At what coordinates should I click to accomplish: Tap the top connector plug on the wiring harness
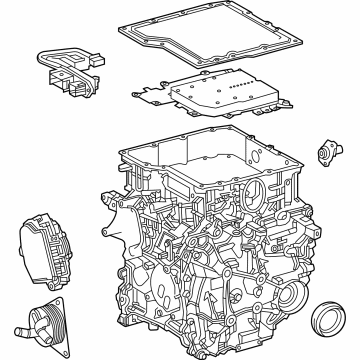click(x=49, y=57)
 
